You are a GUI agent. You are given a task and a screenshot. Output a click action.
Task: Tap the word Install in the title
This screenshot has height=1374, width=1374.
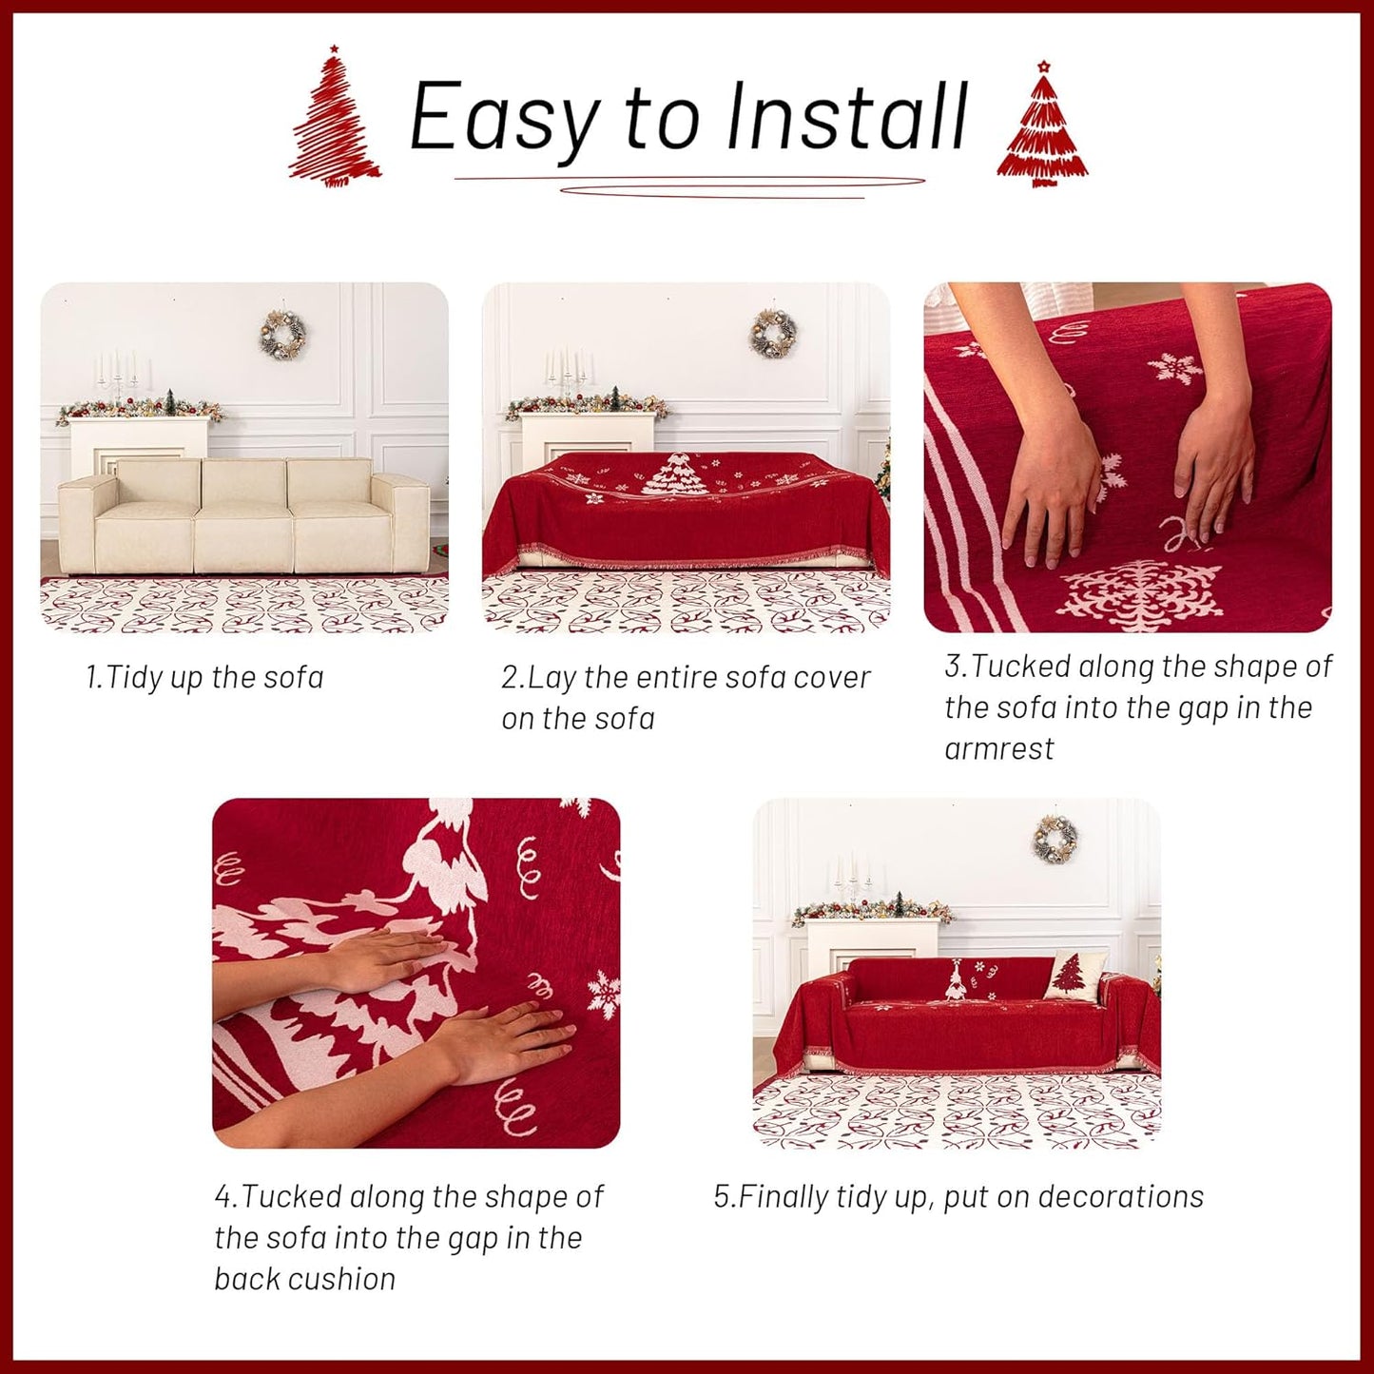click(x=845, y=117)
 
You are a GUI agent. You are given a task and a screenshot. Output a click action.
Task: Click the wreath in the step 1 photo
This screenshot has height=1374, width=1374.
click(x=282, y=334)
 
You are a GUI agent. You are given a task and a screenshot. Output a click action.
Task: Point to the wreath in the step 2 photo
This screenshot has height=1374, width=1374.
click(x=772, y=334)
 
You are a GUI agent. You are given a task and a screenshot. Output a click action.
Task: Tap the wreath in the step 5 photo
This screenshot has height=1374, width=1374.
click(x=1055, y=840)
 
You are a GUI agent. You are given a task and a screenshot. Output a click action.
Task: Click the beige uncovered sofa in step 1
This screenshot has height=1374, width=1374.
click(x=243, y=516)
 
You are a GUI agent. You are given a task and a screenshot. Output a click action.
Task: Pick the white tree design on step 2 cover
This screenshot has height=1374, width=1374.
click(x=676, y=475)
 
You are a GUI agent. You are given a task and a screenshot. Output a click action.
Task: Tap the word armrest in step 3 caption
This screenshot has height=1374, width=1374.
click(x=998, y=749)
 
